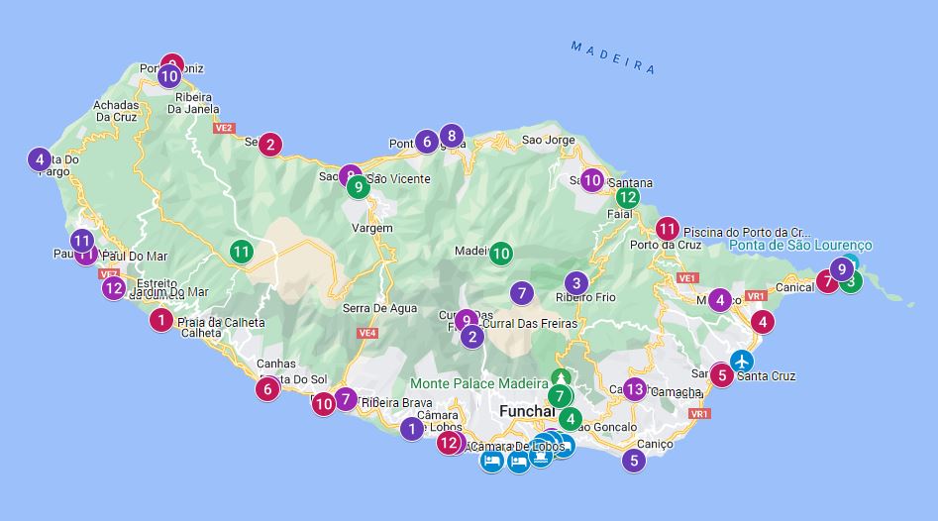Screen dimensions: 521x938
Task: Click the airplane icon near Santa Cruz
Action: (741, 360)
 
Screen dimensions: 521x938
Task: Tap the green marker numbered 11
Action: (242, 252)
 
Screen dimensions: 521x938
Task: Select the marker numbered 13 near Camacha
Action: (635, 388)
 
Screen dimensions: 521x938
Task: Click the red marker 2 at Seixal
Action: (270, 144)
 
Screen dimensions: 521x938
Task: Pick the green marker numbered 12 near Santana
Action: (627, 197)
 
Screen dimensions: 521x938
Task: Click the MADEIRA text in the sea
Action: (613, 56)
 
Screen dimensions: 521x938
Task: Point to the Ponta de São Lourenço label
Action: (800, 245)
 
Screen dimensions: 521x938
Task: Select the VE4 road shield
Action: (367, 333)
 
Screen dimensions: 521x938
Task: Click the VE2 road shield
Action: (224, 128)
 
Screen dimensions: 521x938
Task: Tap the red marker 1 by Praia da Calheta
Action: (161, 320)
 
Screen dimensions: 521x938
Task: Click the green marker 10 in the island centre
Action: (501, 253)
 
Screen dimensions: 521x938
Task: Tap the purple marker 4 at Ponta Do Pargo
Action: (39, 158)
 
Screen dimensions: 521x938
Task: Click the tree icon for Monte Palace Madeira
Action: (562, 376)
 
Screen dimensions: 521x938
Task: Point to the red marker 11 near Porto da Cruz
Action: (668, 228)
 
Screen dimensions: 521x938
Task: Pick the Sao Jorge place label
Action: (548, 140)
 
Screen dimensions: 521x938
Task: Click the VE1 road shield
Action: (687, 278)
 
